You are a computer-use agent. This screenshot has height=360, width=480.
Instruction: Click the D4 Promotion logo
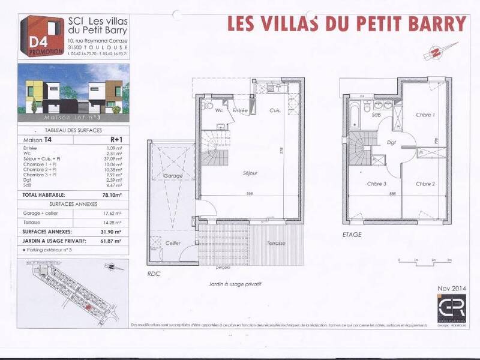click(43, 36)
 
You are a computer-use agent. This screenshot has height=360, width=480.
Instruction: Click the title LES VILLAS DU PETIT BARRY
click(347, 23)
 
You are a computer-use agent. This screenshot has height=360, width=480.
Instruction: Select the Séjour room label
click(250, 173)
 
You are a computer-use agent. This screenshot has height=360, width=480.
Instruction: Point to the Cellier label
click(173, 243)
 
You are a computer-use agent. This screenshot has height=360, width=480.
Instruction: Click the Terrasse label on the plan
click(277, 243)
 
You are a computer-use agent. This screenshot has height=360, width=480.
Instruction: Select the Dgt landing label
click(391, 142)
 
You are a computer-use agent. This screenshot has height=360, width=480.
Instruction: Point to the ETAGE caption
click(352, 235)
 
